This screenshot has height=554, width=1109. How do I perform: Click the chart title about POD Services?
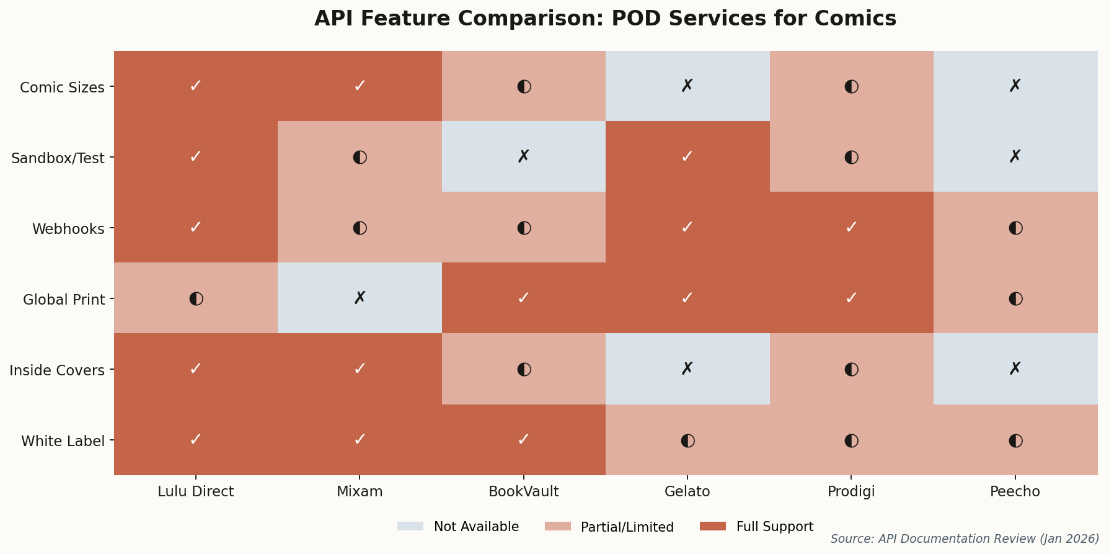click(x=605, y=19)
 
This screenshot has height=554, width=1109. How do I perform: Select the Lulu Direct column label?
click(x=195, y=492)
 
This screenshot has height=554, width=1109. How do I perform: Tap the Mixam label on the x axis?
click(x=360, y=492)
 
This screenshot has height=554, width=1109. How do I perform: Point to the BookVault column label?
click(x=523, y=492)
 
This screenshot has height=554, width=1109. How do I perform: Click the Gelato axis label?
click(x=687, y=492)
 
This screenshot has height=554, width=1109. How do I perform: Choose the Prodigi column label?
click(x=851, y=492)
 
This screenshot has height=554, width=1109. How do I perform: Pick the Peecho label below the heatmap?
click(x=1015, y=492)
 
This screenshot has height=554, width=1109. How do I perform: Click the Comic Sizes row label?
click(x=62, y=87)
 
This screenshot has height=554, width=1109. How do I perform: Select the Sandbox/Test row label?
click(x=58, y=158)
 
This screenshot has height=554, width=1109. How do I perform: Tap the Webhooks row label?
click(x=68, y=229)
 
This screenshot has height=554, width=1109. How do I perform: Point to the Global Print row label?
click(x=63, y=300)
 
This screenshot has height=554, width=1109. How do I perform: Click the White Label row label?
click(x=63, y=441)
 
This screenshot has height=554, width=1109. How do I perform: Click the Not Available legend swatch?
click(x=410, y=527)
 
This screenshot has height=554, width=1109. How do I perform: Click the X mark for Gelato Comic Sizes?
click(x=687, y=86)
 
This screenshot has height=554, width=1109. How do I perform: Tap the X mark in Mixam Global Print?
click(x=360, y=298)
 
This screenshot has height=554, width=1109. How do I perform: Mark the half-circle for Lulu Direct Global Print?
click(x=196, y=298)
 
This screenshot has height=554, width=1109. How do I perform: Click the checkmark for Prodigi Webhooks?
click(x=851, y=228)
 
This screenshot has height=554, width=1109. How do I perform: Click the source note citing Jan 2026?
click(x=964, y=539)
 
